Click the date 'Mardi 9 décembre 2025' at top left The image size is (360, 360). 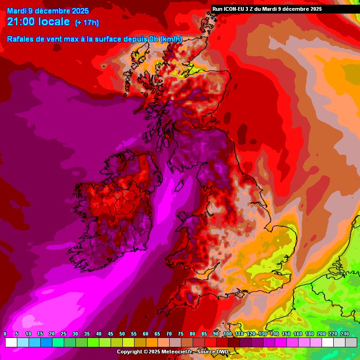45,11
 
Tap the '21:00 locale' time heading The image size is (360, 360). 38,22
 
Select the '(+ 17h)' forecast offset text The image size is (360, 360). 87,22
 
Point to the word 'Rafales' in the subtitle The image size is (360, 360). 21,39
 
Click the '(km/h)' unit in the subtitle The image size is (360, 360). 171,39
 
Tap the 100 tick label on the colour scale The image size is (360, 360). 228,334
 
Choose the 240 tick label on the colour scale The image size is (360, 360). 345,334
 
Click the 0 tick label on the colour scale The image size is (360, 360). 5,334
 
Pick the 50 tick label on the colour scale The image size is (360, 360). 122,334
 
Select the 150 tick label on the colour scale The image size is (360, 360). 286,334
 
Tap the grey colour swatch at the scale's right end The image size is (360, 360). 351,342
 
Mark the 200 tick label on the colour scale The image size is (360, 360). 322,334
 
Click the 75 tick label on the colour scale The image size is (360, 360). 181,334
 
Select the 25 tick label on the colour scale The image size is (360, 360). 64,334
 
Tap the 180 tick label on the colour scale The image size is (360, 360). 310,334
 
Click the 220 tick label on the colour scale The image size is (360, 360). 333,334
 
